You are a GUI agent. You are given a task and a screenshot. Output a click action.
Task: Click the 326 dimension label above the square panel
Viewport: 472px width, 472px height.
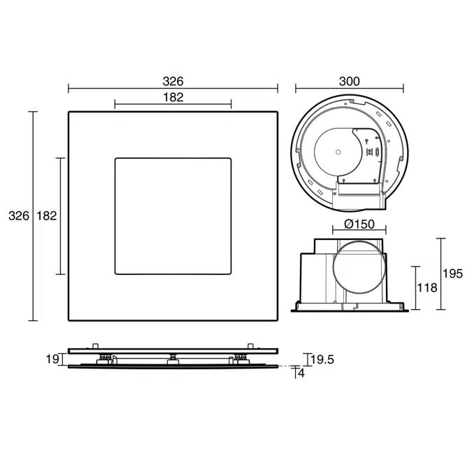pos(173,81)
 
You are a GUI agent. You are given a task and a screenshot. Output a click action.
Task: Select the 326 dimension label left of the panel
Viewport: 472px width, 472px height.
pos(19,216)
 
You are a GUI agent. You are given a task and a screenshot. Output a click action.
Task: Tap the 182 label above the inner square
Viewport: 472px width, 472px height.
pos(173,97)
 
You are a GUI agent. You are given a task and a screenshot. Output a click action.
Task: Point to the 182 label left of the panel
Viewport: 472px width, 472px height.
pos(47,216)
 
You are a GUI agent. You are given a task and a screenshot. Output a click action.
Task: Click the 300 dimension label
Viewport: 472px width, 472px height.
pos(349,81)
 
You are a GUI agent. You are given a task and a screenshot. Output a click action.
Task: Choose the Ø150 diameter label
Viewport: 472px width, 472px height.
pos(359,224)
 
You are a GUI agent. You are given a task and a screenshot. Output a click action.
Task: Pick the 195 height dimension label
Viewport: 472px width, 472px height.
pos(452,273)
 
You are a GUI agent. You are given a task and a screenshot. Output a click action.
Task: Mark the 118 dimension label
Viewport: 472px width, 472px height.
pos(427,288)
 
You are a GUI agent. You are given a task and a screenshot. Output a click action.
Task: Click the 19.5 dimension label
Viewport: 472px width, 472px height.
pos(322,359)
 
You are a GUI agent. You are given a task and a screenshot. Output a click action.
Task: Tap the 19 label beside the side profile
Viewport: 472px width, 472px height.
pos(52,359)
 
